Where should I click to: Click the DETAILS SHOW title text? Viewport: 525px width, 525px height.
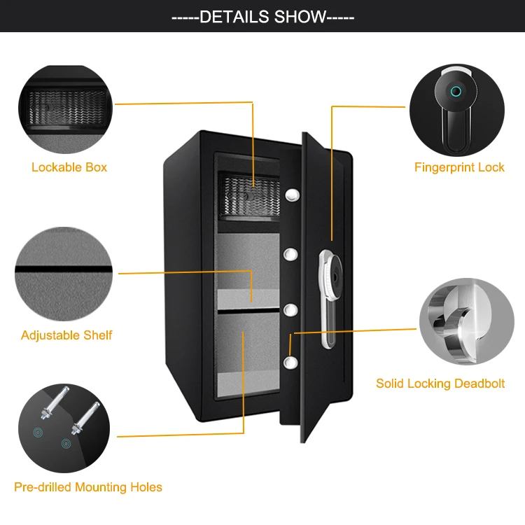point(262,17)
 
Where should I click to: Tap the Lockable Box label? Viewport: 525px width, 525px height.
point(69,167)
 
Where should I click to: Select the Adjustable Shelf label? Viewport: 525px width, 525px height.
point(66,335)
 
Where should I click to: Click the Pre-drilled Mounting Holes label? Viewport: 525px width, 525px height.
point(88,486)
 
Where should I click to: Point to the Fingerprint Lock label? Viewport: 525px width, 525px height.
point(459,167)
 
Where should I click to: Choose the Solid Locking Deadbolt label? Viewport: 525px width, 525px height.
point(440,384)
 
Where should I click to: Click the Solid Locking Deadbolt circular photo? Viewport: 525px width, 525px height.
point(467,321)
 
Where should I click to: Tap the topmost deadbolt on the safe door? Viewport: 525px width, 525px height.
point(293,192)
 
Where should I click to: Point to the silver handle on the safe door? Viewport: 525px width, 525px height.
point(328,297)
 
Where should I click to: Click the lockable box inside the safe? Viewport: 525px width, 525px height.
point(248,194)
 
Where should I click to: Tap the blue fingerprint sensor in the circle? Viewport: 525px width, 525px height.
point(456,90)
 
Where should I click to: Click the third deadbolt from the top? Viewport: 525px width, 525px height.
point(291,309)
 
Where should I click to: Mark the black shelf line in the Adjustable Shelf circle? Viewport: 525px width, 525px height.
point(64,269)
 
